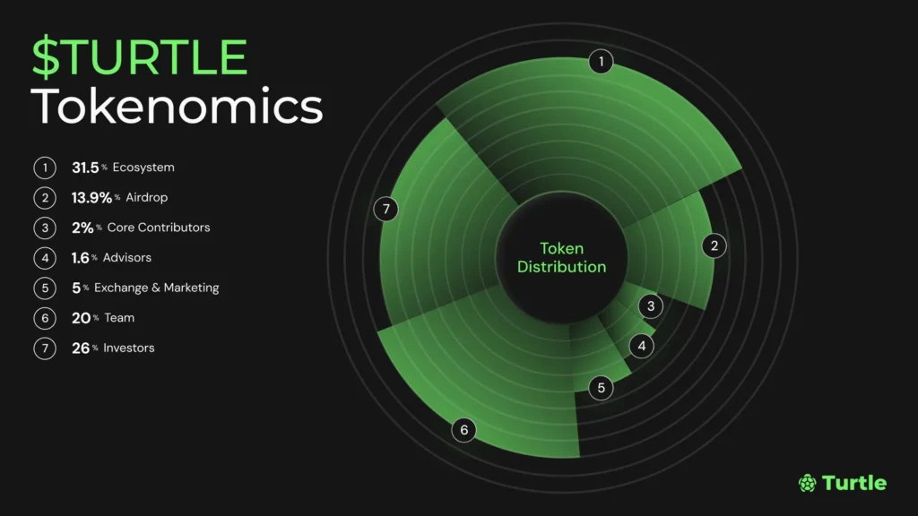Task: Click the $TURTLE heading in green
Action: tap(140, 56)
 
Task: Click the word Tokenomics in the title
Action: tap(178, 107)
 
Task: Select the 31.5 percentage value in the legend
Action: tap(85, 168)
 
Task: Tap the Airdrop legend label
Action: tap(147, 197)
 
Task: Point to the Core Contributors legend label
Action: tap(159, 228)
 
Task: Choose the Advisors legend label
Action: tap(127, 258)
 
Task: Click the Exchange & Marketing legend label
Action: tap(157, 288)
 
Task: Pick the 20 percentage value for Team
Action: tap(82, 318)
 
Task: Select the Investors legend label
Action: tap(129, 348)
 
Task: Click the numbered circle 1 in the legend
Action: tap(45, 168)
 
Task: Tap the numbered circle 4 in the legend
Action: tap(45, 258)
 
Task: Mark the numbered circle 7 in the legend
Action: tap(45, 348)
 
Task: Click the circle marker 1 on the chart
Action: tap(601, 62)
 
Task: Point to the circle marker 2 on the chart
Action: tap(714, 245)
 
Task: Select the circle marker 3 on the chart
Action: tap(651, 306)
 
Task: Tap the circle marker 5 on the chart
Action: tap(601, 388)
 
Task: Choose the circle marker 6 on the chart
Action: tap(463, 430)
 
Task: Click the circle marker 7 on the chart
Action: tap(385, 210)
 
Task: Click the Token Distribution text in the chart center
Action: tap(562, 258)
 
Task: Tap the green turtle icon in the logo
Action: tap(807, 483)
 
